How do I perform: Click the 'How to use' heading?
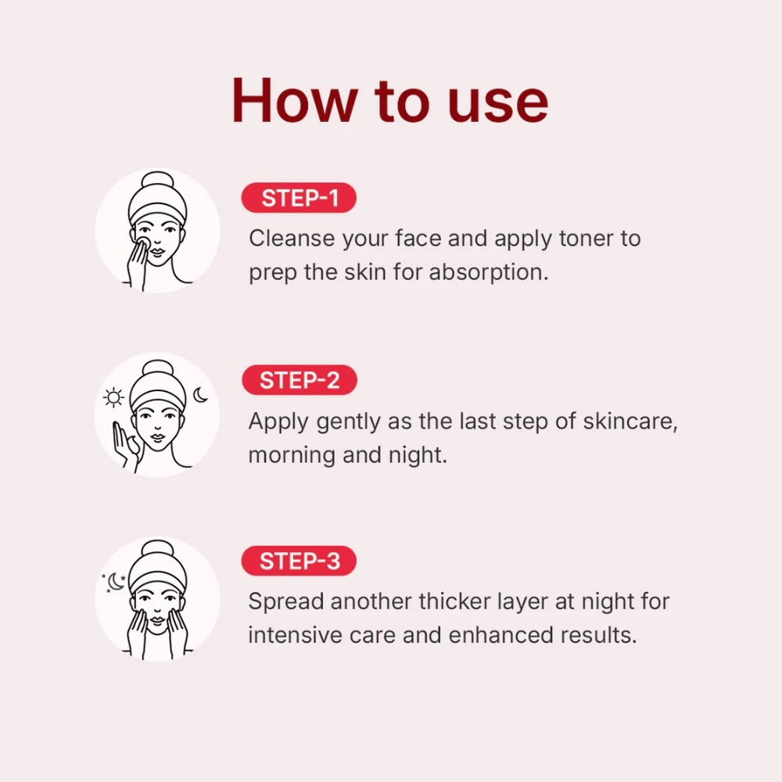tap(390, 101)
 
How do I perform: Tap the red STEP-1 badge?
tap(299, 198)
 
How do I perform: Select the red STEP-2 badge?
tap(300, 380)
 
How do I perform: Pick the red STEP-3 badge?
tap(299, 561)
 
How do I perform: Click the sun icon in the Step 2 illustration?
tap(113, 397)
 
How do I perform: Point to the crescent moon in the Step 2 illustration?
tap(200, 394)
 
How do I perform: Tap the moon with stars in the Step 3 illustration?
tap(115, 582)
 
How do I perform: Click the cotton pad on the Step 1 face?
tap(144, 243)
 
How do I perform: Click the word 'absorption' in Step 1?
tap(488, 273)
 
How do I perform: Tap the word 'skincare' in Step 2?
tap(630, 421)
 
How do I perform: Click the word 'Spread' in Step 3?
tap(286, 602)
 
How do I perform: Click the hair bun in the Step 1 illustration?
tap(158, 181)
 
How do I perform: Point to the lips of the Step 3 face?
tap(158, 620)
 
